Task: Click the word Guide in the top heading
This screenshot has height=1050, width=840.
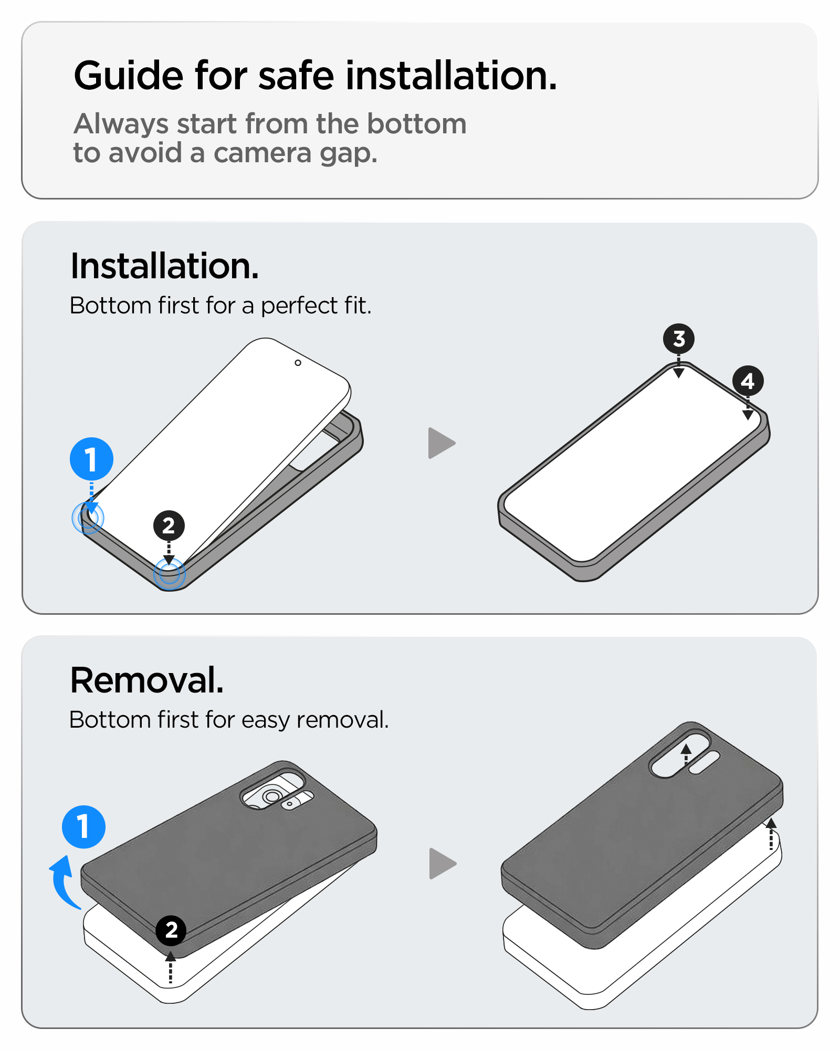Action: (x=129, y=76)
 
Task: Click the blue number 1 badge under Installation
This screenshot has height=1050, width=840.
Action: (x=91, y=459)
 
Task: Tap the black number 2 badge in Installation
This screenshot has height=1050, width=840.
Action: (x=169, y=526)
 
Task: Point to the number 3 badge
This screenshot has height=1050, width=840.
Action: (x=679, y=339)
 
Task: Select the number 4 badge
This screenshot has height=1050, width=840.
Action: (x=748, y=381)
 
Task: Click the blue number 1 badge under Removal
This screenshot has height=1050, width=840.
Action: (x=83, y=827)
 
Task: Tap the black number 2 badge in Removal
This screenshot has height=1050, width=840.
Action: (x=171, y=930)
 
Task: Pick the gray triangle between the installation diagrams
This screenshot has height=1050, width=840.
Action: (x=442, y=443)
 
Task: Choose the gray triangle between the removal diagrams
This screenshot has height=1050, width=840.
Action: (x=443, y=864)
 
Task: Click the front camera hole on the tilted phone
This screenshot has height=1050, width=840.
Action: (x=298, y=363)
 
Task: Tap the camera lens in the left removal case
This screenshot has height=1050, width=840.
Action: (x=272, y=796)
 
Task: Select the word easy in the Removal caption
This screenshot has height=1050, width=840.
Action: (x=265, y=720)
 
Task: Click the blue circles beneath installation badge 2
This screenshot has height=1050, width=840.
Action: (x=169, y=574)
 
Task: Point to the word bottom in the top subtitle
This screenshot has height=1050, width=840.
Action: (x=416, y=124)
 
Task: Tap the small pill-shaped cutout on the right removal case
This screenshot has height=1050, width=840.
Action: (x=704, y=762)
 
